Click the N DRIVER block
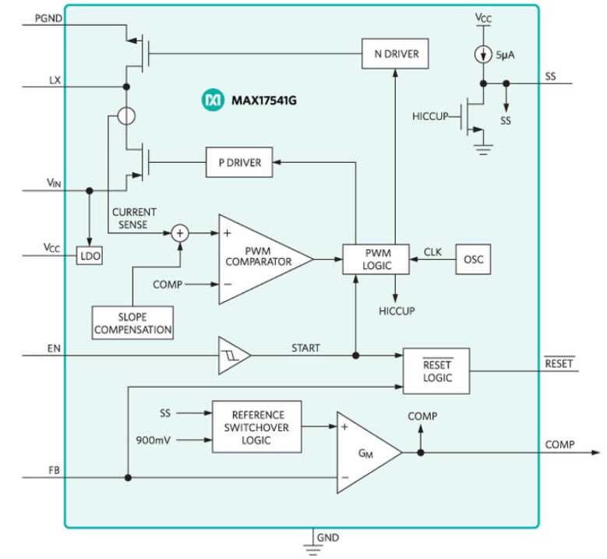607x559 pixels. [x=396, y=54]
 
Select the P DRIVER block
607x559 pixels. [x=239, y=162]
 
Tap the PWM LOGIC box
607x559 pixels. [x=377, y=260]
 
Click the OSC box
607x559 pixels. [x=474, y=260]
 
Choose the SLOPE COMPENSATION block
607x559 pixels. [x=132, y=323]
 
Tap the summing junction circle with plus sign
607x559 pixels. [x=180, y=232]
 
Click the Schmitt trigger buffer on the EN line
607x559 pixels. [x=233, y=355]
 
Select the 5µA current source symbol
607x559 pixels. [x=484, y=55]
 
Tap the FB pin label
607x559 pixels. [x=54, y=470]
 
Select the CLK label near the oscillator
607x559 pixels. [x=432, y=252]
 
